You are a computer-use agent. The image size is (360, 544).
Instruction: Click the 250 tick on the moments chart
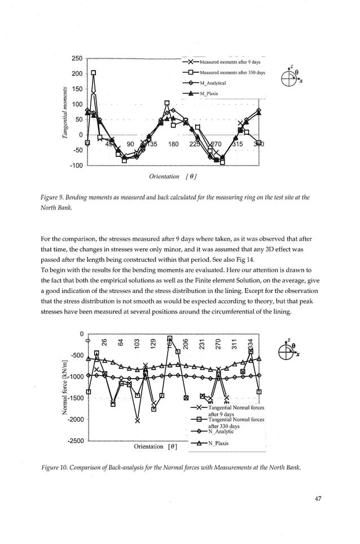77,59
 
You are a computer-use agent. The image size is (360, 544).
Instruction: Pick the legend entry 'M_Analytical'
212,84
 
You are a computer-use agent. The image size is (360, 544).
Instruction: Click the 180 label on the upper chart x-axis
173,144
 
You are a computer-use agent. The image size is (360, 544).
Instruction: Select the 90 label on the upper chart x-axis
130,144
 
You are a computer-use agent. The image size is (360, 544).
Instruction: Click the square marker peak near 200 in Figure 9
94,73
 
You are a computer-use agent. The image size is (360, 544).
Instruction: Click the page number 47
321,498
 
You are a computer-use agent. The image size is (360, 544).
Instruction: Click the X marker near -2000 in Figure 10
138,419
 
